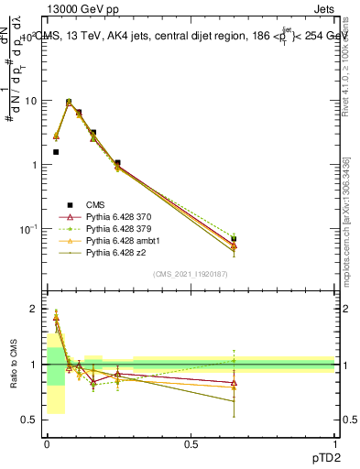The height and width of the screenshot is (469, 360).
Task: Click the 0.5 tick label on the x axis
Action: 191,443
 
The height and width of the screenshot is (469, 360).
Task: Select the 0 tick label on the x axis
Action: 47,443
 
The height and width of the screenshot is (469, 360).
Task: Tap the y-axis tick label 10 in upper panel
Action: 29,101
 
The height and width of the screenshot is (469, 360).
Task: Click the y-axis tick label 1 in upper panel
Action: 33,165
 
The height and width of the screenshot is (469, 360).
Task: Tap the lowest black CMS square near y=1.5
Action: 56,152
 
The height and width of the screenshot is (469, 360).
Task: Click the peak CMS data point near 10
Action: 69,102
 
